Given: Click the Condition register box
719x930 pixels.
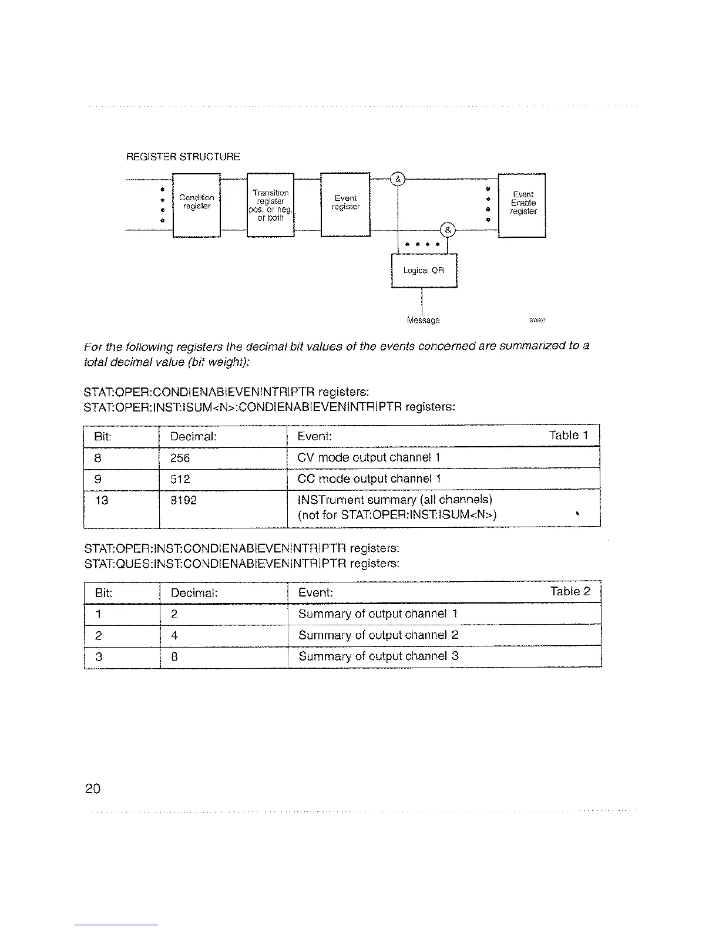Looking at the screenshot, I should [196, 204].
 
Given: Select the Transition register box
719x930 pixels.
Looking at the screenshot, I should [270, 205].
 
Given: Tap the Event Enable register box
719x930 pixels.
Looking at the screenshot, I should [522, 204].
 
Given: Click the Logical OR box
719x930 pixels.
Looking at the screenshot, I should [424, 271].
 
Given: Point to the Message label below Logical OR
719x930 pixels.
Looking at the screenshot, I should [423, 321].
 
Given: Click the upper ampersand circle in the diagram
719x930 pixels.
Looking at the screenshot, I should [398, 179].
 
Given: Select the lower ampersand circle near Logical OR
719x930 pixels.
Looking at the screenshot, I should [447, 230].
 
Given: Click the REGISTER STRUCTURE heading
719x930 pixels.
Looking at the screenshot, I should [183, 157].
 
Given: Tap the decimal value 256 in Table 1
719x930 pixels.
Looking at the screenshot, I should [180, 458].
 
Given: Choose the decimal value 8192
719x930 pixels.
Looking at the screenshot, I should [183, 500].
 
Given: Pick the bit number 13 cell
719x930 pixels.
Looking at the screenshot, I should [101, 500].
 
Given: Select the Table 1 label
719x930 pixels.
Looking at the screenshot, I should [568, 436].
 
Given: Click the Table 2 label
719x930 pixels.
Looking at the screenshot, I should [570, 592].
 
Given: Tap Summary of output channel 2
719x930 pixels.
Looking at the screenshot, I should [378, 635].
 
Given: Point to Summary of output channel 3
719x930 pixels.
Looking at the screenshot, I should [378, 656].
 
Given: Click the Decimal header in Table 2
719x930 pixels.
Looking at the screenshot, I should [194, 593].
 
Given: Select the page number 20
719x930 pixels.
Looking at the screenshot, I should [92, 789].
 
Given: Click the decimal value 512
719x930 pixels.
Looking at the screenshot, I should [180, 479].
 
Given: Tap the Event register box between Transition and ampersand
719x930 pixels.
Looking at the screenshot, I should [345, 204].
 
